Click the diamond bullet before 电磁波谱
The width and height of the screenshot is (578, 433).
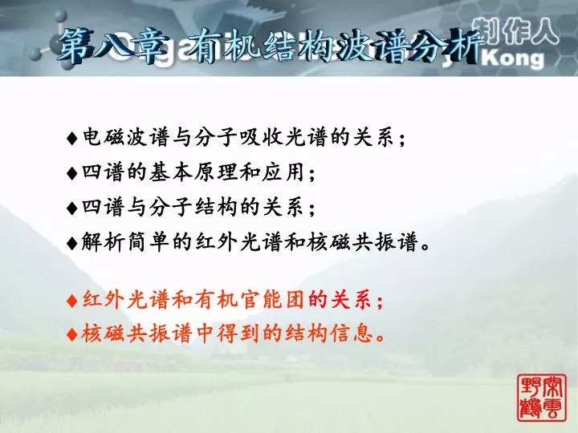tap(72, 139)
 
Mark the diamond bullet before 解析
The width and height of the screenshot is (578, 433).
tap(72, 243)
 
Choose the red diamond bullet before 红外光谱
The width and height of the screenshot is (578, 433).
tap(72, 301)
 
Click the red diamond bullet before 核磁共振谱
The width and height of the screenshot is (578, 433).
tap(72, 334)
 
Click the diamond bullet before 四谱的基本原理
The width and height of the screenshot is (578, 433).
tap(72, 173)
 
